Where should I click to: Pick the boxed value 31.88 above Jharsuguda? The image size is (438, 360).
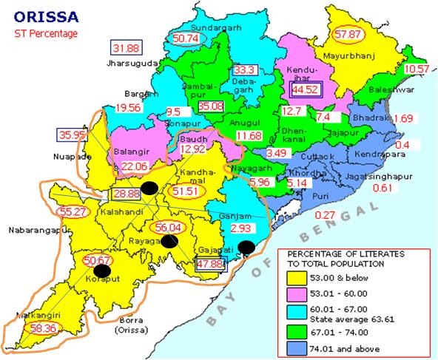(127, 49)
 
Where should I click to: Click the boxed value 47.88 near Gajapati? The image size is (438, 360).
(209, 264)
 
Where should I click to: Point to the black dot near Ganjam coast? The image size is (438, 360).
(246, 247)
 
